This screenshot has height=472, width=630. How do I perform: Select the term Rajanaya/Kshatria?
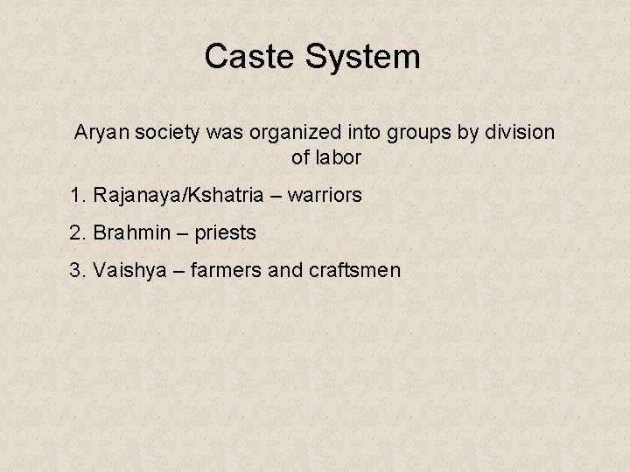click(x=174, y=196)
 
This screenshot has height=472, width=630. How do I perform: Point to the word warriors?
click(x=321, y=196)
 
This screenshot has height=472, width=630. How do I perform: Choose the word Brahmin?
click(x=129, y=233)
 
